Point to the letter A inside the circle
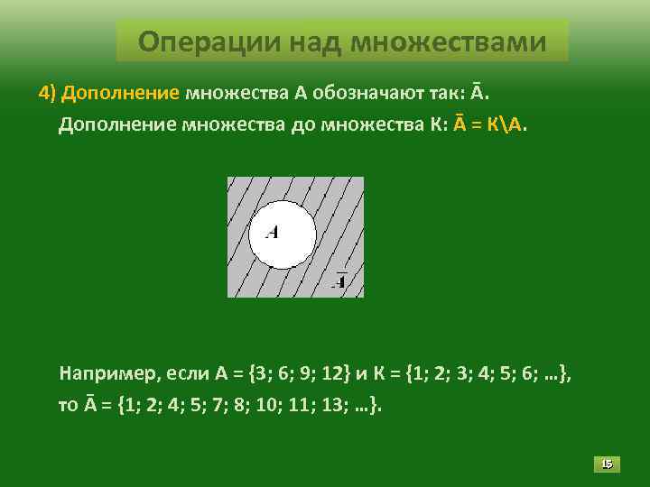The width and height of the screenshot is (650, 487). point(272,232)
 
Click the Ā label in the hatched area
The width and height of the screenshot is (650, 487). point(340,280)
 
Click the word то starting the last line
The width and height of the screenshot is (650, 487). point(68,405)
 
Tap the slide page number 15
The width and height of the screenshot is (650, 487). point(607,464)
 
